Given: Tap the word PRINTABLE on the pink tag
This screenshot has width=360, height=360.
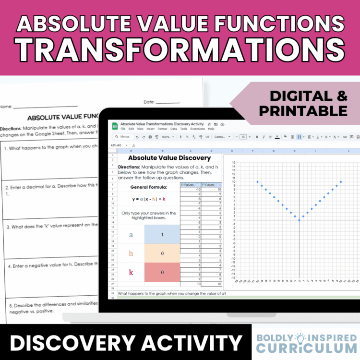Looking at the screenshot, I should (302, 111).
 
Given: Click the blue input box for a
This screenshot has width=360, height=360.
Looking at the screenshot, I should (162, 235).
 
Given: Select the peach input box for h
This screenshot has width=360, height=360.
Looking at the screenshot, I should (162, 253).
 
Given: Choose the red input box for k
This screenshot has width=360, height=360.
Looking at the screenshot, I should (162, 272).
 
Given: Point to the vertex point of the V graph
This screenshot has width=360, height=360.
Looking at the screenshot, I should (299, 220).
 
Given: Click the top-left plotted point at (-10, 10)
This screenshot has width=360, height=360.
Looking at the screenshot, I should (257, 182).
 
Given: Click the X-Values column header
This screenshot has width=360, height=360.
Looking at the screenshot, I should (188, 184).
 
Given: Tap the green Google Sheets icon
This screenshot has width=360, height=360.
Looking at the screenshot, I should (115, 126).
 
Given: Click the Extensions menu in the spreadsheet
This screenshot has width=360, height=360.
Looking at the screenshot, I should (197, 129).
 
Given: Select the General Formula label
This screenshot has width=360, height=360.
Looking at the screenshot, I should (148, 187).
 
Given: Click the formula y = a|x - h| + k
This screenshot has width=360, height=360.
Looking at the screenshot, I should (148, 199).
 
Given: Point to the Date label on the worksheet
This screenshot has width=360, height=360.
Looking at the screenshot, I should (149, 102).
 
